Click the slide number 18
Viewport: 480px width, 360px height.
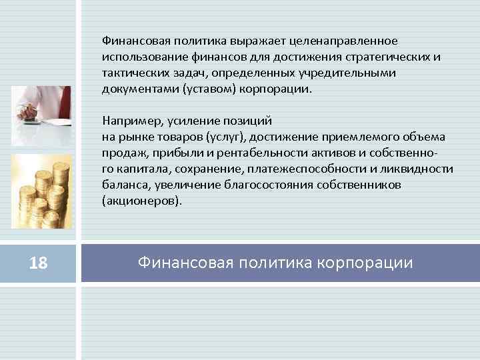(x=39, y=264)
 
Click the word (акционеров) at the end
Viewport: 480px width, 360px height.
(x=141, y=200)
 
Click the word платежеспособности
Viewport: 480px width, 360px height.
(x=301, y=169)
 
